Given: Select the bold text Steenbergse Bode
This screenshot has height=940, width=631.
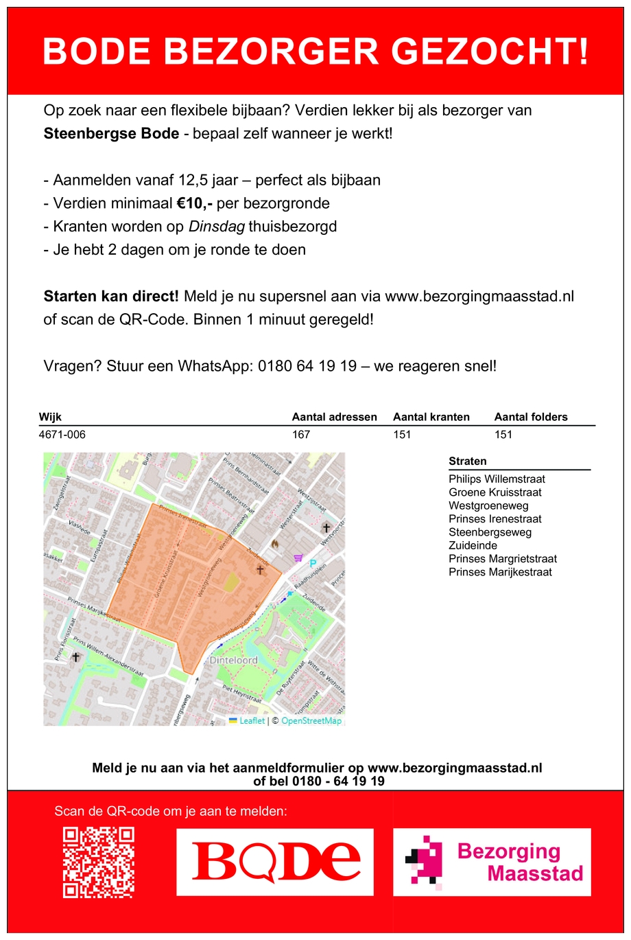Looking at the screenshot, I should point(111,133).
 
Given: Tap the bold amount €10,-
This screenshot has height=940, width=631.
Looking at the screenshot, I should point(194,203).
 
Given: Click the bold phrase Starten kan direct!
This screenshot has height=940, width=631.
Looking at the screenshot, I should point(111,297).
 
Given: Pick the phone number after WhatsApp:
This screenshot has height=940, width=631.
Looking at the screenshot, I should point(307,366).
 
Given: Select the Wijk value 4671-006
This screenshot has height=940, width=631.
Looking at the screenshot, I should point(62,435).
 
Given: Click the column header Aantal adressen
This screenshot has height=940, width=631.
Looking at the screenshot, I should point(334,417).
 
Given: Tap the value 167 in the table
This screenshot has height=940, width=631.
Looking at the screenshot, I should point(301,435).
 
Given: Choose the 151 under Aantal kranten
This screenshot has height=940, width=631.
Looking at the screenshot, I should point(402,435).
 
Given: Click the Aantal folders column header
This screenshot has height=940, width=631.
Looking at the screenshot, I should point(531,417).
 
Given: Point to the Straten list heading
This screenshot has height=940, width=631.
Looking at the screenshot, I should point(468,461).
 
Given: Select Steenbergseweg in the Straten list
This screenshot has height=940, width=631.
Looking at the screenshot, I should point(490,532).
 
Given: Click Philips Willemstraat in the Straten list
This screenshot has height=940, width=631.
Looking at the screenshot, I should point(497,479).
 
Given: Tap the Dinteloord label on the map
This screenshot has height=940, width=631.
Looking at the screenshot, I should point(234,660).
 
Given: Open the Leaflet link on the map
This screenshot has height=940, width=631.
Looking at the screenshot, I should point(251,720).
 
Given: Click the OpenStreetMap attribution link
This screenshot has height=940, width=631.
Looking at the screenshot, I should point(311,720).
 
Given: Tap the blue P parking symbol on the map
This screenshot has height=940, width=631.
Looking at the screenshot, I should point(313,564).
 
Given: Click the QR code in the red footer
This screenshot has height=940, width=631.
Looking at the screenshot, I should point(98,862).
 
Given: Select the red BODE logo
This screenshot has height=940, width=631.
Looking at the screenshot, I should point(275,862).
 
